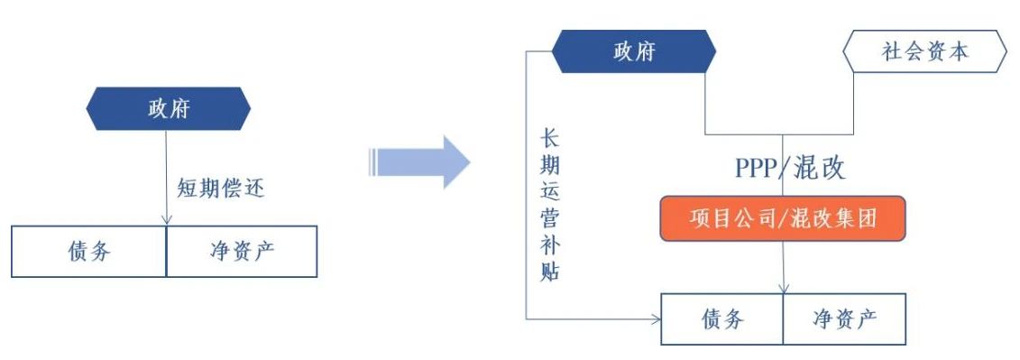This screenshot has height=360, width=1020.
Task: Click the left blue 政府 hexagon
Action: pyautogui.click(x=169, y=109)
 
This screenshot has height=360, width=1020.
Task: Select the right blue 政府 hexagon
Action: pyautogui.click(x=634, y=51)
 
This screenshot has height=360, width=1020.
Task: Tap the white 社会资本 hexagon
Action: pyautogui.click(x=924, y=51)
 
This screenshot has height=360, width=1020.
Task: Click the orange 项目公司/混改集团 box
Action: pyautogui.click(x=783, y=218)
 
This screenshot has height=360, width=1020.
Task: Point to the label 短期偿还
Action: pyautogui.click(x=221, y=189)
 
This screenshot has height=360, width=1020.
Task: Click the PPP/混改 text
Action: pyautogui.click(x=790, y=168)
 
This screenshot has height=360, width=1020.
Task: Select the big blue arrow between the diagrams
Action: pyautogui.click(x=419, y=162)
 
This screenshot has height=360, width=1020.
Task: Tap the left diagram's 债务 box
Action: pyautogui.click(x=89, y=252)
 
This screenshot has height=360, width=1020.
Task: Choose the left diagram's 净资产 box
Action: pyautogui.click(x=242, y=252)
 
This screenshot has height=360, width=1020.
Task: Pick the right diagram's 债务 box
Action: pyautogui.click(x=722, y=319)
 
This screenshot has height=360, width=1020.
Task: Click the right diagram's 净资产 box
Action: pyautogui.click(x=844, y=319)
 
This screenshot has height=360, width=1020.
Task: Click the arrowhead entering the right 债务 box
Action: pyautogui.click(x=657, y=319)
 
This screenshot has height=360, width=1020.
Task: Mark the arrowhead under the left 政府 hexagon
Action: pyautogui.click(x=167, y=221)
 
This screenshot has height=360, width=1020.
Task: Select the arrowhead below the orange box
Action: pyautogui.click(x=784, y=289)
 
